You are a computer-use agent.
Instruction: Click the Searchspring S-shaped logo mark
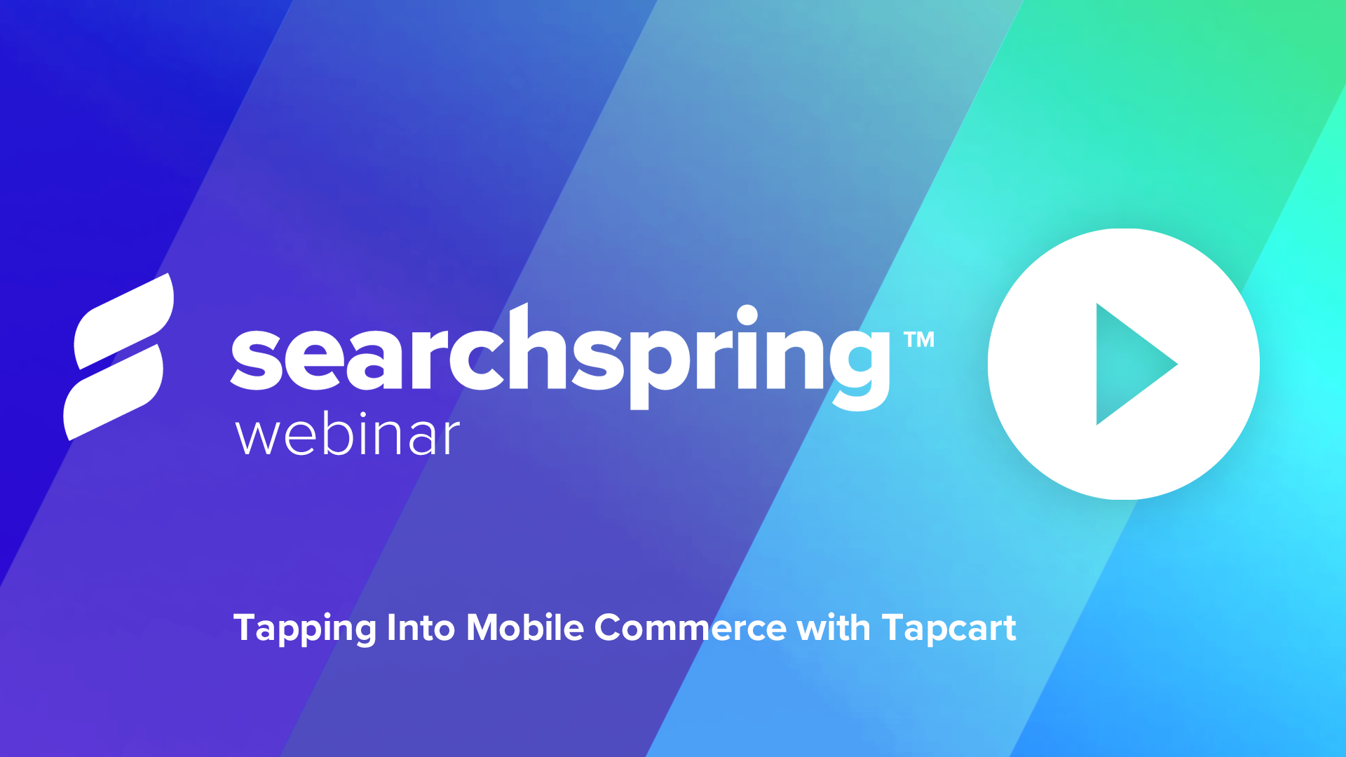click(118, 357)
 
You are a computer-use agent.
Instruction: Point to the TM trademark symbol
click(919, 340)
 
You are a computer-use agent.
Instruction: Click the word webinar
click(348, 436)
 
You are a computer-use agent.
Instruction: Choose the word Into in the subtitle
click(421, 628)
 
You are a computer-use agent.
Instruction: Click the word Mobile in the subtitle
click(524, 628)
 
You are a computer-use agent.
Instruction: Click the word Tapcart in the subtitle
click(949, 628)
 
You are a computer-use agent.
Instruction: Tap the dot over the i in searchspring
click(747, 315)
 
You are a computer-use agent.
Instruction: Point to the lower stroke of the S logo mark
click(112, 393)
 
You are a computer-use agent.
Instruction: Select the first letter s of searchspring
click(257, 360)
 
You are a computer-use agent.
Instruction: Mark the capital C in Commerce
click(610, 627)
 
